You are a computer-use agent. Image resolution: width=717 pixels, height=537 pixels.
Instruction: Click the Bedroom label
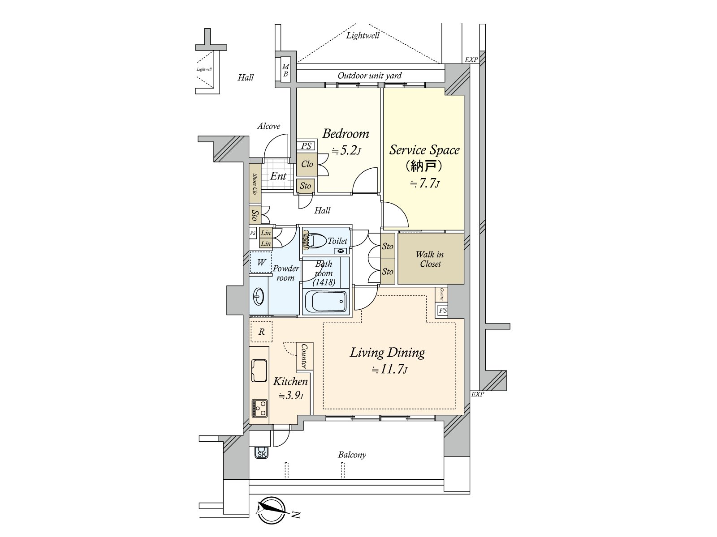[346, 134]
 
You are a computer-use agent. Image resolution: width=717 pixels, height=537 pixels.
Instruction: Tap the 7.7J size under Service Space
[424, 183]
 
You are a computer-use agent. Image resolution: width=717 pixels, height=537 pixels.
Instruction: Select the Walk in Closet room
[430, 259]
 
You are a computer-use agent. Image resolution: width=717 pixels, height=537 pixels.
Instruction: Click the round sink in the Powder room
[259, 296]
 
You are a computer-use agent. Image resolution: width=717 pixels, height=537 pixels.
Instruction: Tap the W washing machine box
[261, 262]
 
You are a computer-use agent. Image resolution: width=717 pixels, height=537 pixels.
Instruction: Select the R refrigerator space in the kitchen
[261, 332]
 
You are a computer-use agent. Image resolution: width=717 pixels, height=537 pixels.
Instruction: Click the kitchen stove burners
[259, 408]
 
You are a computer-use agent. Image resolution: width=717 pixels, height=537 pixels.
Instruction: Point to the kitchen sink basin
[259, 371]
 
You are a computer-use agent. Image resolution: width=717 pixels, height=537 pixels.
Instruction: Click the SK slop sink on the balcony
[261, 454]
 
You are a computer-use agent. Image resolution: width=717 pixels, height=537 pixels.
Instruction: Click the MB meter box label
[285, 70]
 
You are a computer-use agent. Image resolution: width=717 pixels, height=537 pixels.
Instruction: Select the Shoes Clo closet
[255, 183]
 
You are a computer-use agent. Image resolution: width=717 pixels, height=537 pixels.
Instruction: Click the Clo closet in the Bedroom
[307, 164]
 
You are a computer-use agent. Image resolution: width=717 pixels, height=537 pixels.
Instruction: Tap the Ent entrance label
[278, 176]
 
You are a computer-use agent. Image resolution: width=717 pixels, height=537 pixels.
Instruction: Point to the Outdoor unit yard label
[369, 76]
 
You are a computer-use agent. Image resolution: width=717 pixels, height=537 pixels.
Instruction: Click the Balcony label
[352, 455]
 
